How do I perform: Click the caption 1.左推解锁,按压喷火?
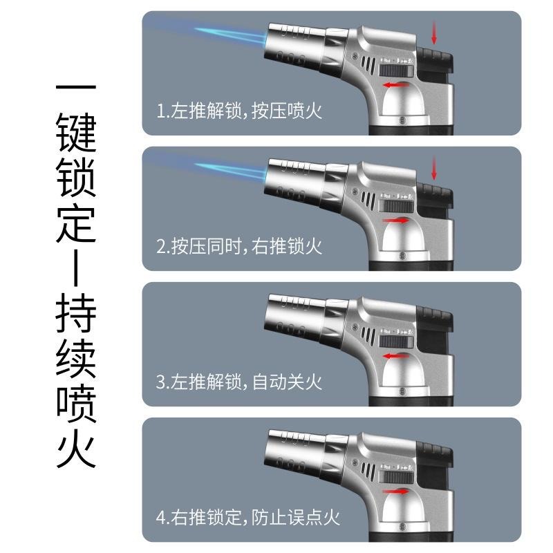[x=239, y=111]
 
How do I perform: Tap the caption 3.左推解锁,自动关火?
[x=239, y=382]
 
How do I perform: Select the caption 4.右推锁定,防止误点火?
[x=248, y=517]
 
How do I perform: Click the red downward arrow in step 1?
[x=435, y=32]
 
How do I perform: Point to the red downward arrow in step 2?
[x=435, y=168]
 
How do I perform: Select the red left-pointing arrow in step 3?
[x=395, y=356]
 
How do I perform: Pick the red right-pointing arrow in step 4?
[x=395, y=492]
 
